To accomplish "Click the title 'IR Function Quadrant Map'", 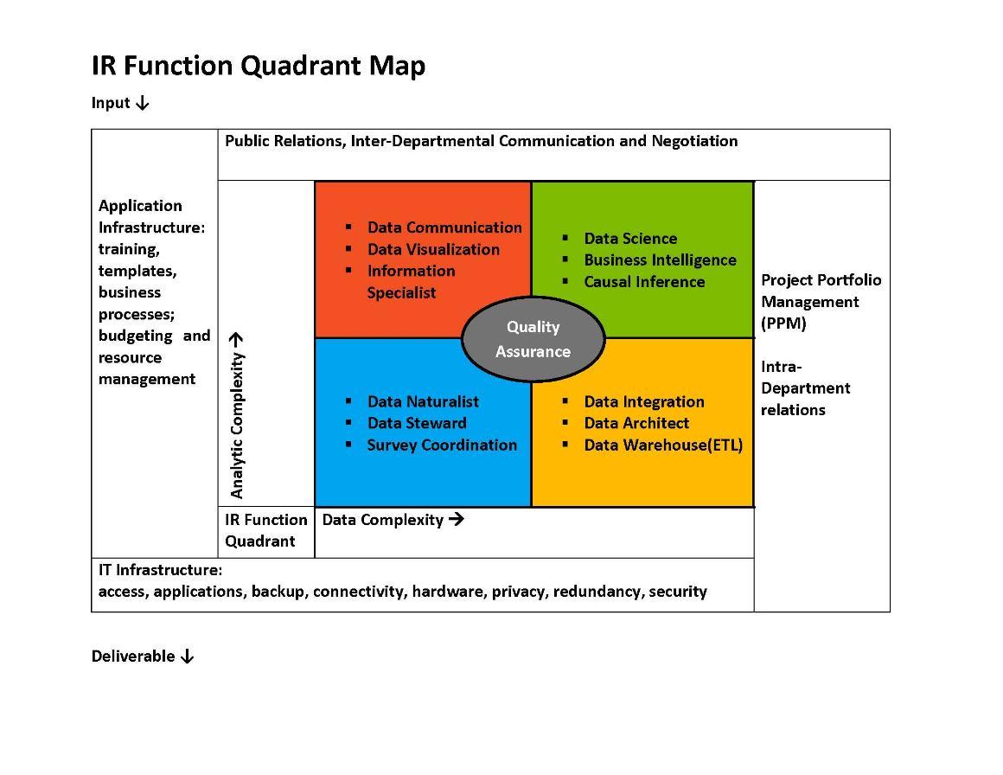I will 258,66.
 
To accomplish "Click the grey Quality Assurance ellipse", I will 533,339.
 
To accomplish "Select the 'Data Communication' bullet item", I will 444,227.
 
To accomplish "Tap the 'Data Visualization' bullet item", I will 432,249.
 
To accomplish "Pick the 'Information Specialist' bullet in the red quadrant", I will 410,281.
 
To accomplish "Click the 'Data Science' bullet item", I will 629,239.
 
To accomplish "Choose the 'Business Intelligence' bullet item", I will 660,260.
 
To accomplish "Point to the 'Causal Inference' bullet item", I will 643,282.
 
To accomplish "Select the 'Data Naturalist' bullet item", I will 422,401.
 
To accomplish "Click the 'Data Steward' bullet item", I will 416,423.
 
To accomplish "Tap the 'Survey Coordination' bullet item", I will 441,445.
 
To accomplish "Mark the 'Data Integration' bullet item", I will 643,401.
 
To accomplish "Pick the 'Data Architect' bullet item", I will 636,423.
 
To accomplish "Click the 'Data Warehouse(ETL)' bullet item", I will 662,445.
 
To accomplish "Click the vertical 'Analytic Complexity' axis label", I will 237,416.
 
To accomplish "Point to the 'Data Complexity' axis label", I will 383,520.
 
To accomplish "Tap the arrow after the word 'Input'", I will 143,103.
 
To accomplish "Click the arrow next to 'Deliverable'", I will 187,657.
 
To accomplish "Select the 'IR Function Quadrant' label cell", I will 265,530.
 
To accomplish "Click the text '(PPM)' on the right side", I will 783,323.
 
